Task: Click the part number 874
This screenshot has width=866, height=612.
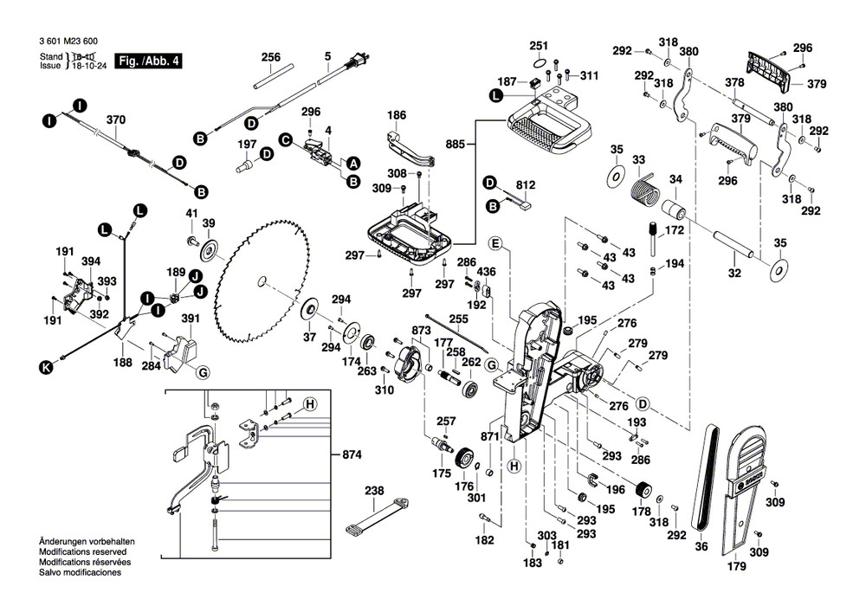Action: (x=352, y=454)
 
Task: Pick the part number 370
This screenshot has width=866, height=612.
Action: (x=115, y=119)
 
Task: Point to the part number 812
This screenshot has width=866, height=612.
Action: (x=526, y=184)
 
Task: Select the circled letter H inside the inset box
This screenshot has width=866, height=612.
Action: (x=309, y=404)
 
